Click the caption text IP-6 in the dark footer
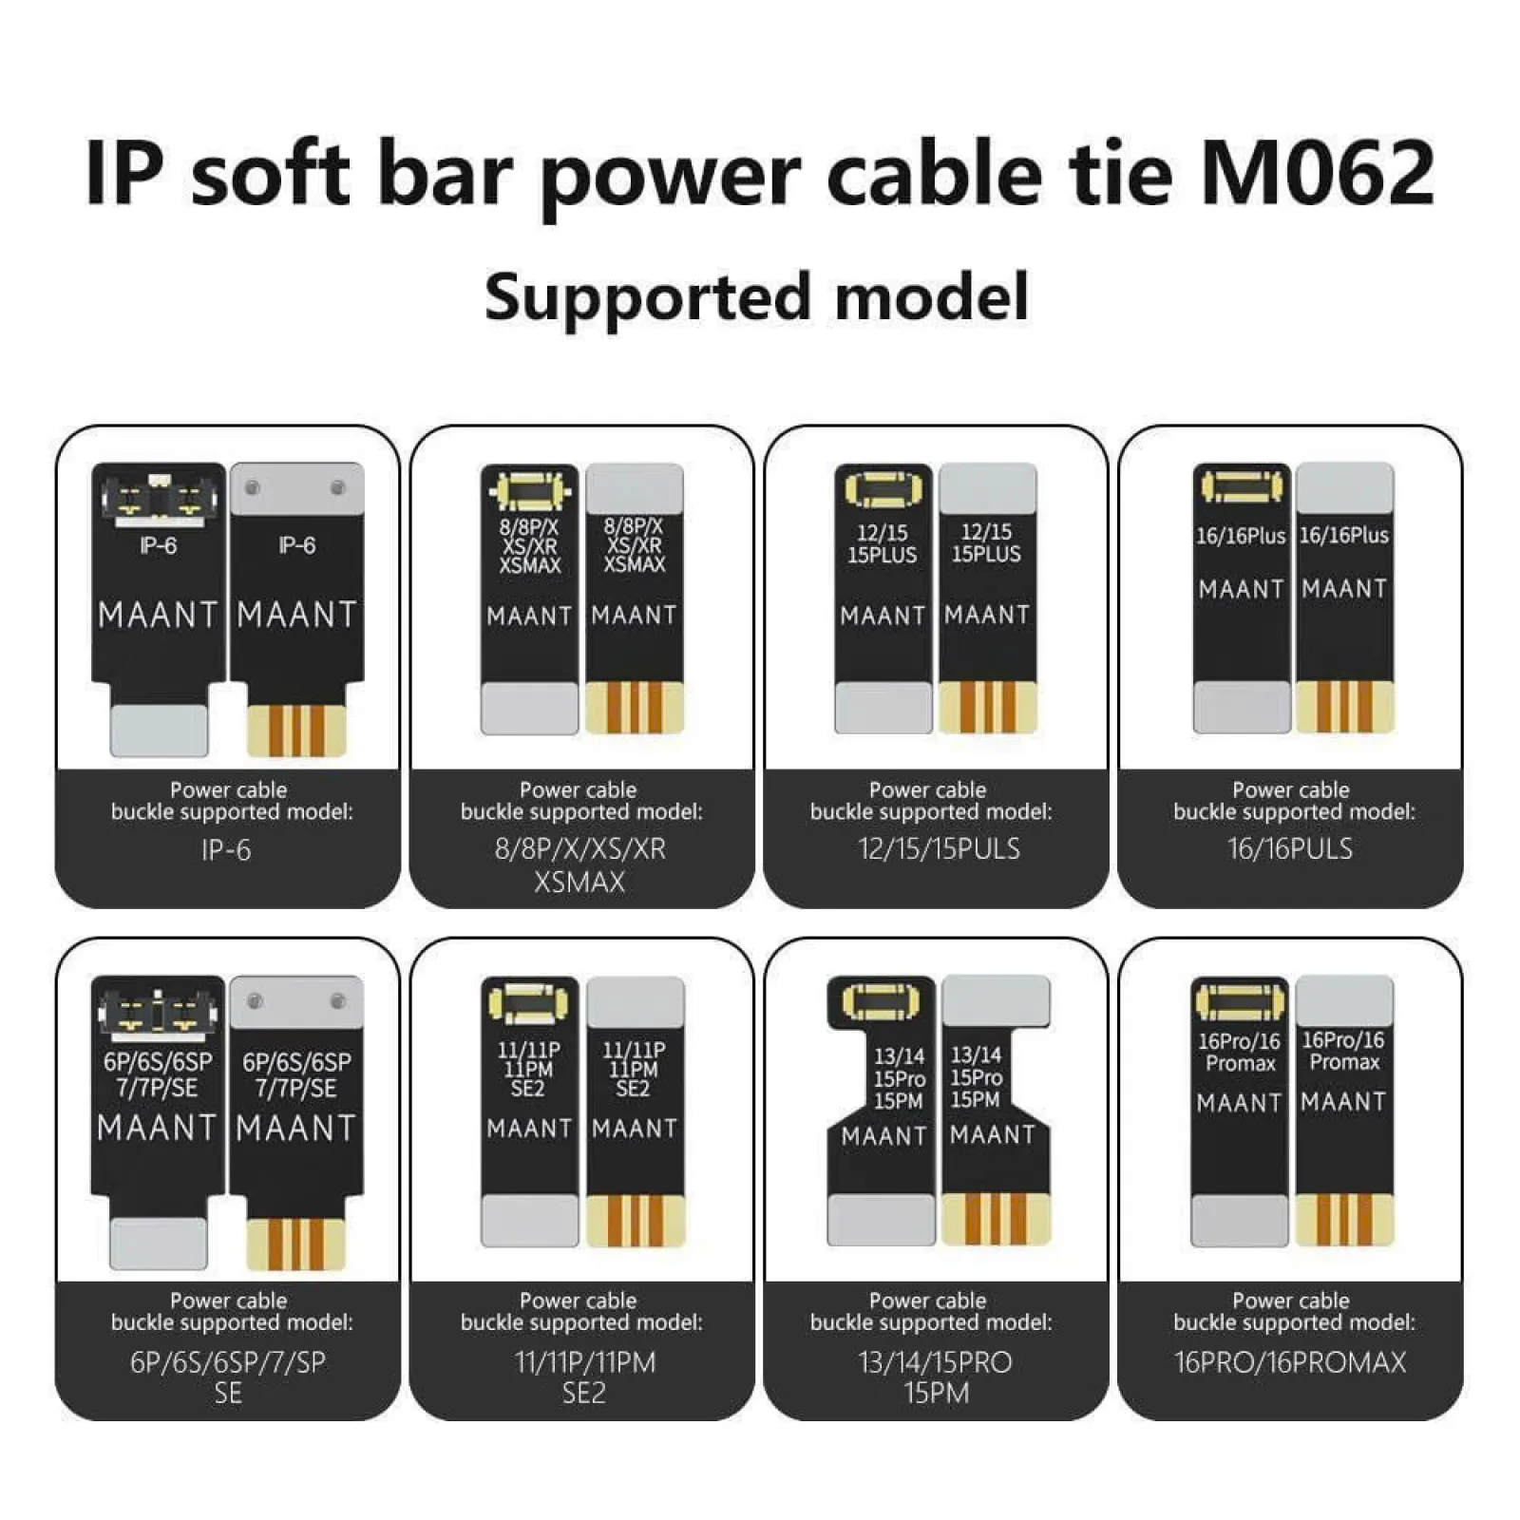pos(226,849)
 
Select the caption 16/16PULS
pos(1290,848)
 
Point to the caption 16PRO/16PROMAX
pos(1290,1362)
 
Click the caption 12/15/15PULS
pos(939,848)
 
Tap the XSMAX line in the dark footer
pos(579,883)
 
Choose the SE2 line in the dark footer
pos(583,1394)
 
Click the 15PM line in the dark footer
pos(937,1394)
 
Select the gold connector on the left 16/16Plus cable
pos(1242,486)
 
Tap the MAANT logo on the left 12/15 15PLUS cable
pos(883,617)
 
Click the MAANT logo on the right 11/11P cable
pos(635,1129)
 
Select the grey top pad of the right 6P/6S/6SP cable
pos(296,1001)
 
